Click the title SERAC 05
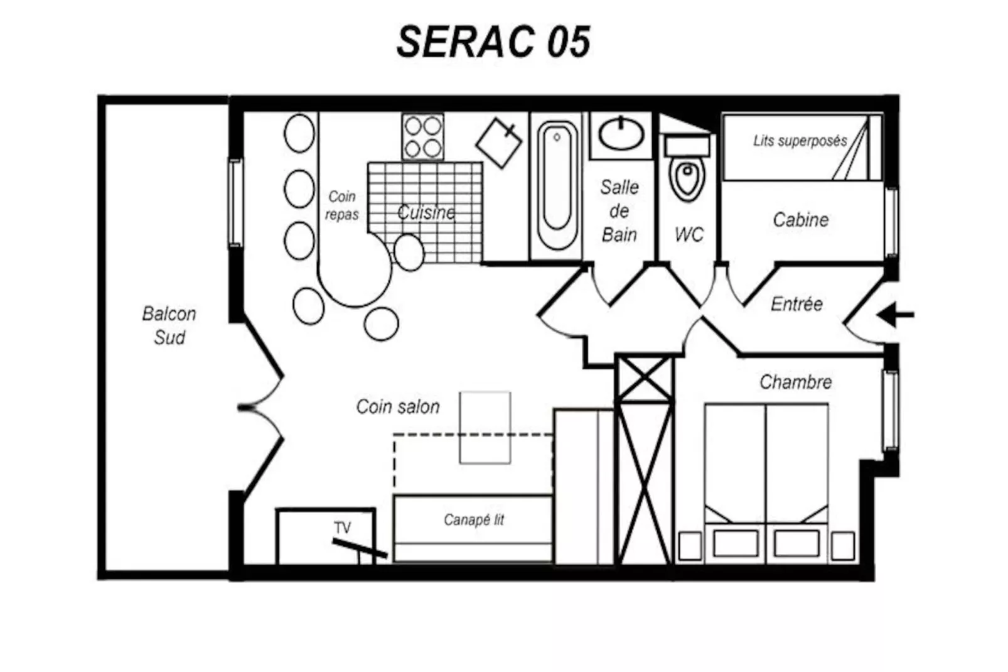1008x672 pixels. pyautogui.click(x=493, y=42)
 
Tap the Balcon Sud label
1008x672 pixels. pyautogui.click(x=169, y=325)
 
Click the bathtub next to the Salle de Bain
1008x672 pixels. pyautogui.click(x=557, y=185)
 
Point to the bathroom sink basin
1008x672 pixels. pyautogui.click(x=621, y=134)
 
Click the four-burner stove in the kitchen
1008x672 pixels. pyautogui.click(x=423, y=137)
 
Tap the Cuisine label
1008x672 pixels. pyautogui.click(x=426, y=212)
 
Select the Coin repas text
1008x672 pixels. pyautogui.click(x=341, y=205)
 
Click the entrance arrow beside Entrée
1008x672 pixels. pyautogui.click(x=896, y=314)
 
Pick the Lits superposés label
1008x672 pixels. pyautogui.click(x=800, y=141)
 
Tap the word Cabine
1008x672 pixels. pyautogui.click(x=800, y=220)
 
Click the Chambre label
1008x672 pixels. pyautogui.click(x=795, y=382)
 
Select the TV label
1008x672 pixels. pyautogui.click(x=342, y=528)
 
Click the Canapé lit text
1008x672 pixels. pyautogui.click(x=473, y=520)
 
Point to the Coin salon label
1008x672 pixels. pyautogui.click(x=398, y=407)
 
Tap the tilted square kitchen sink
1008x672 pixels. pyautogui.click(x=499, y=143)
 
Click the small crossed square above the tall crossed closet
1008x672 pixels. pyautogui.click(x=645, y=379)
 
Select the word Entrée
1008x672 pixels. pyautogui.click(x=796, y=304)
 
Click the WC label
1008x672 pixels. pyautogui.click(x=689, y=235)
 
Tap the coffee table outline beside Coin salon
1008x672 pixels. pyautogui.click(x=485, y=427)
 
